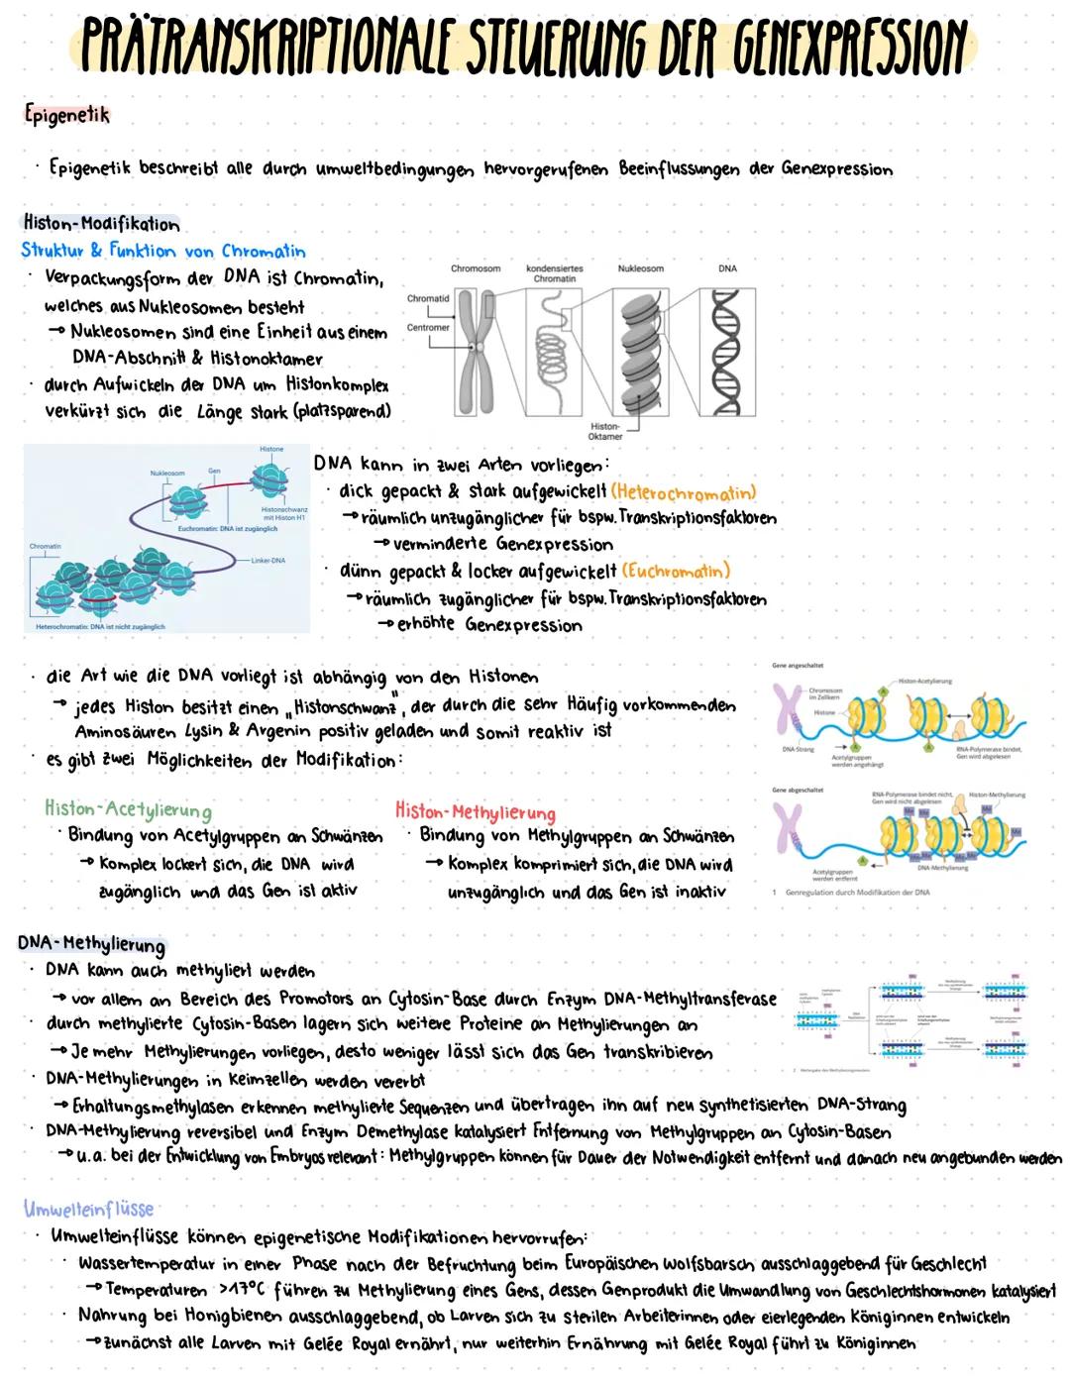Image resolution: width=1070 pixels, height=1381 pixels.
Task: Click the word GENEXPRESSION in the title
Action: [x=850, y=47]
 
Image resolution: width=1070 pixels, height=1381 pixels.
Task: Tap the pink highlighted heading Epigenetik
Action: [x=67, y=115]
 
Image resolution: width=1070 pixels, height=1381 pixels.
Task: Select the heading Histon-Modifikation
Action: [x=101, y=224]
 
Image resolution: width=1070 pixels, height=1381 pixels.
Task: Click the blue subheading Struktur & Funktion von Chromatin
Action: [x=163, y=251]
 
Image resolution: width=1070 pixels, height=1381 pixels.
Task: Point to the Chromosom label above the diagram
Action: [x=476, y=268]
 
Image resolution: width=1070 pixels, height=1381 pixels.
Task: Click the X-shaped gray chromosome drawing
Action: [x=476, y=351]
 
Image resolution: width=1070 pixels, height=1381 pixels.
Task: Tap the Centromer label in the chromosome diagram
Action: [x=428, y=327]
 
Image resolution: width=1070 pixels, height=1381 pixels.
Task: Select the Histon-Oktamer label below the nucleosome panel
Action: [x=605, y=431]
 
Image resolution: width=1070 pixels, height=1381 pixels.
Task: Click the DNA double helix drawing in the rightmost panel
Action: [x=727, y=351]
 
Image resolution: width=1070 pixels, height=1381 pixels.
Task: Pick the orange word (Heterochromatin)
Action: [x=684, y=492]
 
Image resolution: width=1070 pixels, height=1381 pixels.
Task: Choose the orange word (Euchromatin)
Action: [x=676, y=572]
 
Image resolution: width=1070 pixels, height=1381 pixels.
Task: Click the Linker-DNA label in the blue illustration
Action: [x=268, y=561]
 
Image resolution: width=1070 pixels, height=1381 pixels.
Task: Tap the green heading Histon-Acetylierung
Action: [x=128, y=810]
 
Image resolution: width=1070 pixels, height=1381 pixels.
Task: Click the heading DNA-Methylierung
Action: [x=91, y=943]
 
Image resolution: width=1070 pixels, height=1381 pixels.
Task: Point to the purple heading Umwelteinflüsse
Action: [x=89, y=1209]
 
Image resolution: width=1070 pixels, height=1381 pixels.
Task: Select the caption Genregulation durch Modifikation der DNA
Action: [x=857, y=892]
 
